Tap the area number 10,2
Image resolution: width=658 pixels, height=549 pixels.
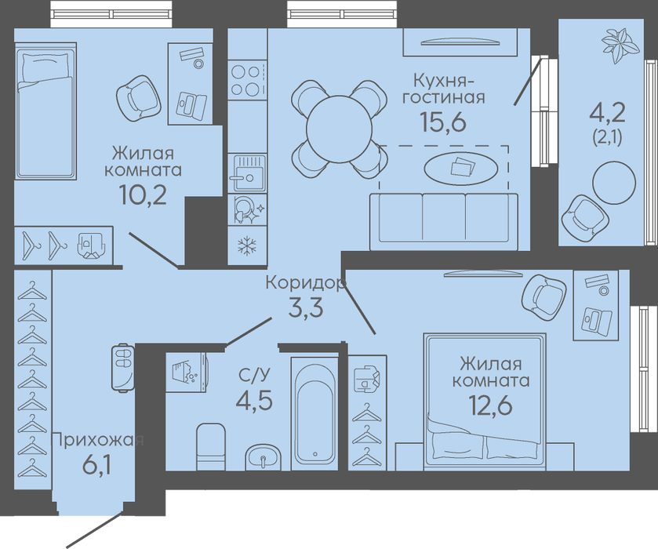coord(143,195)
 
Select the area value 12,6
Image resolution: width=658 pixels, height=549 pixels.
coord(490,405)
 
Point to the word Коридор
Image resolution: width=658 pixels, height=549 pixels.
coord(306,282)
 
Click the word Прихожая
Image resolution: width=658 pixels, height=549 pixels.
coord(97,440)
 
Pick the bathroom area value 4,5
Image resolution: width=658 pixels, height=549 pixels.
coord(254,400)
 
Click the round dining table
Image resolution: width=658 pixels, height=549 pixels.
coord(339,129)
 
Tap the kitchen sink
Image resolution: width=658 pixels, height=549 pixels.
coord(247,173)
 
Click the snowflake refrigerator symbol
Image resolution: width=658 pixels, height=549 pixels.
coord(247,246)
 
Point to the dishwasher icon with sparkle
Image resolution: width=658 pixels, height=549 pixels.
coord(248,209)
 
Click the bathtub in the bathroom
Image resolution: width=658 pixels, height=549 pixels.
coord(314,413)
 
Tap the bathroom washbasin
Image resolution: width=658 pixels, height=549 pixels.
coord(263,456)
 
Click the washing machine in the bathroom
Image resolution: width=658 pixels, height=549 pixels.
coord(186,372)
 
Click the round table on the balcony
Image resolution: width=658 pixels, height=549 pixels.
coord(614,183)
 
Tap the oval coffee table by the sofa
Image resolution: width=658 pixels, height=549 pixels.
coord(461,169)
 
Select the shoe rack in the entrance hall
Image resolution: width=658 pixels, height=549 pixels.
coord(123,368)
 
